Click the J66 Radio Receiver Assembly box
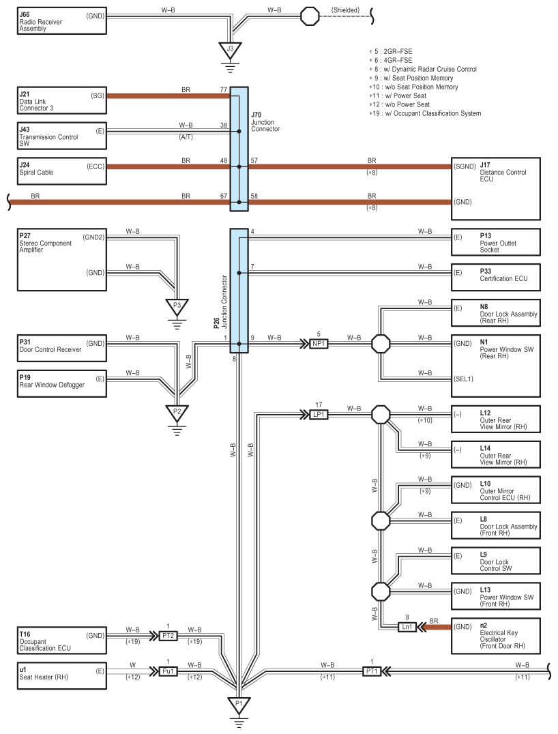click(61, 20)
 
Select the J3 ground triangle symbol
click(230, 49)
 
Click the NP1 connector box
click(319, 344)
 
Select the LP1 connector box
click(319, 415)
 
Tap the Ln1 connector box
click(407, 627)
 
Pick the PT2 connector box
click(168, 636)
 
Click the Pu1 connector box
click(168, 671)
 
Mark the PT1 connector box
click(371, 671)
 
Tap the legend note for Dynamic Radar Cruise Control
click(422, 70)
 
